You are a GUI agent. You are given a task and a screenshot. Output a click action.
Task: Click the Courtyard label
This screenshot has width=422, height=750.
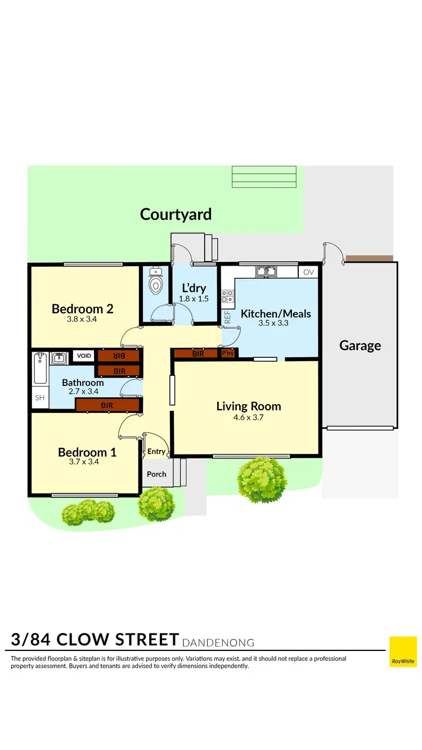pos(176,214)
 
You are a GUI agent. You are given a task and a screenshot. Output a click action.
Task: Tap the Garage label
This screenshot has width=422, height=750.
pos(360,345)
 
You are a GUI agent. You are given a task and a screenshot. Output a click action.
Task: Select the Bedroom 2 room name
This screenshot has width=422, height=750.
pos(82,308)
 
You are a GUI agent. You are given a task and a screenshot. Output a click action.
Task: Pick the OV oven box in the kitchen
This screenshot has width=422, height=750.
pos(308,272)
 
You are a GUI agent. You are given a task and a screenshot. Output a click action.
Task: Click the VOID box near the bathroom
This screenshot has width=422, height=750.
pos(84,356)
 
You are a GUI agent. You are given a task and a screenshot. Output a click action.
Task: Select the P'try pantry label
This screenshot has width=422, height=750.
pos(228,354)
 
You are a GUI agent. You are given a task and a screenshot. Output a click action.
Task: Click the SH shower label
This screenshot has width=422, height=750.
pos(39,397)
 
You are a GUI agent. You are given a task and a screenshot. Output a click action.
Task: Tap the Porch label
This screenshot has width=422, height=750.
pos(156,474)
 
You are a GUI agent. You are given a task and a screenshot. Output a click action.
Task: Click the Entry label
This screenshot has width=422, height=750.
pos(156,451)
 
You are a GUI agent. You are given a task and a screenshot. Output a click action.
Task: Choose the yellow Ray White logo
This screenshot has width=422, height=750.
pos(403,652)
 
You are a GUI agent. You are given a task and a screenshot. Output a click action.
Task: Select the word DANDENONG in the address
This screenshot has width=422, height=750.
pos(219,643)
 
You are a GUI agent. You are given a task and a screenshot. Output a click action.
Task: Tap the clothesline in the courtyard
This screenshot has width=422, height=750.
pos(264,177)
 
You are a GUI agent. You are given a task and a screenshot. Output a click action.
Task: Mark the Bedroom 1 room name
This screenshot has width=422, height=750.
pos(87,452)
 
